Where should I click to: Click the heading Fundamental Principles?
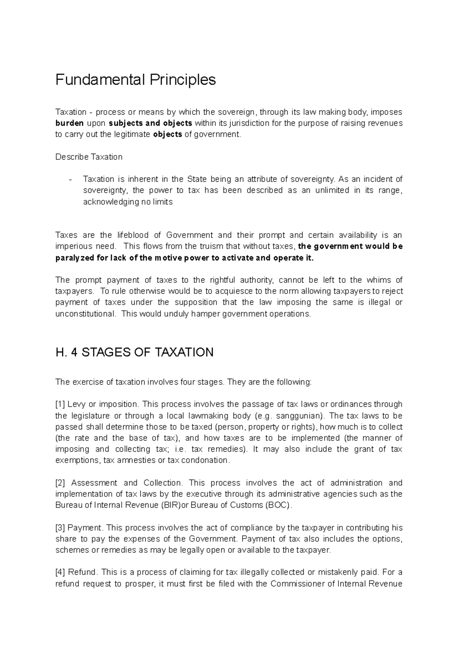[x=135, y=80]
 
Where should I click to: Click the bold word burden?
[x=69, y=123]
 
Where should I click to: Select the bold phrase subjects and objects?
[x=151, y=123]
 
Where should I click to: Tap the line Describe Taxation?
[x=89, y=157]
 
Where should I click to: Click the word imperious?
[x=73, y=246]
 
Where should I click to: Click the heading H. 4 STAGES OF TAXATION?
[x=134, y=352]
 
